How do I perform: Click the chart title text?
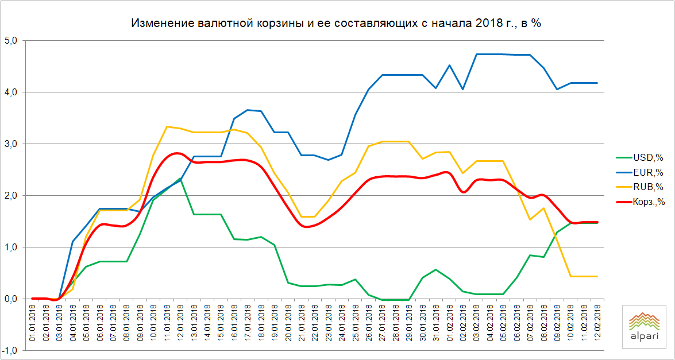pos(337,24)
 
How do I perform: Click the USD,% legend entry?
pos(646,156)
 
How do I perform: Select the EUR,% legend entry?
pos(646,172)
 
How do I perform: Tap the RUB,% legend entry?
pos(646,187)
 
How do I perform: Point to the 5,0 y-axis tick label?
pos(13,41)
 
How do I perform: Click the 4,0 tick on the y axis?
pos(13,92)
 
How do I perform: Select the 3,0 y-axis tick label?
pos(13,144)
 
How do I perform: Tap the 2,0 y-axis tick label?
pos(13,196)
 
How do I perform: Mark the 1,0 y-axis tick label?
pos(13,247)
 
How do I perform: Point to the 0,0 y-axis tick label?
pos(13,299)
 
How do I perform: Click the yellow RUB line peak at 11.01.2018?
pos(167,126)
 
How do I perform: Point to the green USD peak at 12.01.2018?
pos(180,178)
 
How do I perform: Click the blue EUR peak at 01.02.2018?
pos(449,65)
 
